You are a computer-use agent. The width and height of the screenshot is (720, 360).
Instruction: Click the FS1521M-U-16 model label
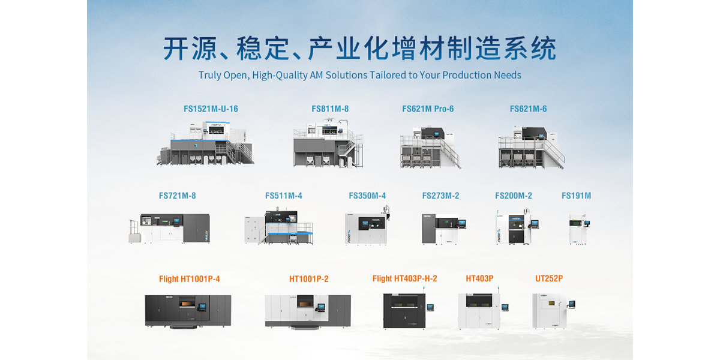pyautogui.click(x=211, y=109)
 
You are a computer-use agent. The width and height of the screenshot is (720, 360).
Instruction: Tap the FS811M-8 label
pyautogui.click(x=330, y=109)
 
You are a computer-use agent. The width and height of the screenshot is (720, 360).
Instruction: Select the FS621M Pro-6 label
pyautogui.click(x=428, y=109)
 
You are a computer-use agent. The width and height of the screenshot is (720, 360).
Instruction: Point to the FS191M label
pyautogui.click(x=576, y=196)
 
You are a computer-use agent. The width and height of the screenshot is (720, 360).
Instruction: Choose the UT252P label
pyautogui.click(x=549, y=279)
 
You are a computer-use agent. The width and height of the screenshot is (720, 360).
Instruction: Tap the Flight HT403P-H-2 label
pyautogui.click(x=404, y=279)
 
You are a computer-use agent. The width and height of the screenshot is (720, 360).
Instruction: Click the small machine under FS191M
pyautogui.click(x=579, y=229)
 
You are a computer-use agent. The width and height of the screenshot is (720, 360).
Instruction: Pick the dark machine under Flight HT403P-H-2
pyautogui.click(x=404, y=310)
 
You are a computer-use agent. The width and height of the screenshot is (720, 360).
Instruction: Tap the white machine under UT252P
pyautogui.click(x=550, y=310)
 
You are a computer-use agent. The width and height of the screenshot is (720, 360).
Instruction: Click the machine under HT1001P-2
pyautogui.click(x=308, y=311)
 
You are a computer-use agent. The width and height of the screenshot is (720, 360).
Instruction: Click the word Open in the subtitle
pyautogui.click(x=236, y=76)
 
